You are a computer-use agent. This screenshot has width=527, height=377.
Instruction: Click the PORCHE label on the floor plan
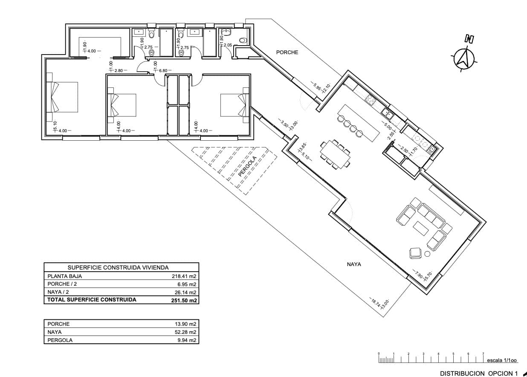287,52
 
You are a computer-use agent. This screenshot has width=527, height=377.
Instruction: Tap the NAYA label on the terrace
354,264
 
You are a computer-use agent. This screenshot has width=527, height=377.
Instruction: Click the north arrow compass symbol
464,58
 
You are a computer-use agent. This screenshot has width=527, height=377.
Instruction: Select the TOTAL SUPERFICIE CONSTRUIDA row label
92,300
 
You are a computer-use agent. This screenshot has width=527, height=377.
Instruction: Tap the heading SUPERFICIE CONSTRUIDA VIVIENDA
119,267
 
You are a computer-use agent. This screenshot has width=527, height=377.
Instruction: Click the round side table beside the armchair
428,255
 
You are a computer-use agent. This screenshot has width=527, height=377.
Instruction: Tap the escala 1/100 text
502,360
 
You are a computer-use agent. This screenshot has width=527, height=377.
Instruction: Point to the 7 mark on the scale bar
483,354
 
